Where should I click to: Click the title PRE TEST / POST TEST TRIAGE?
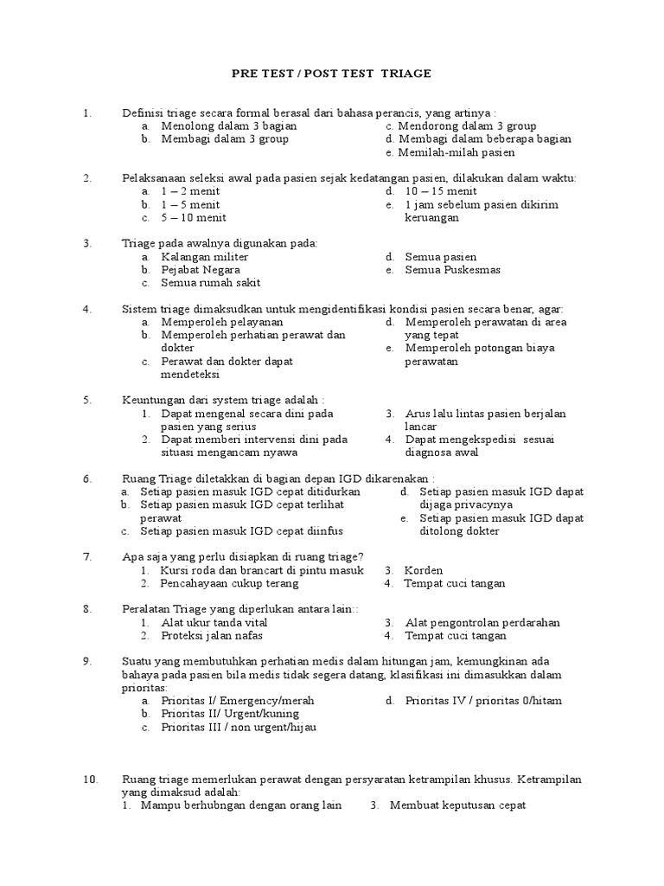331,74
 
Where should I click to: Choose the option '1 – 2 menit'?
190,191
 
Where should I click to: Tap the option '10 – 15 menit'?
441,191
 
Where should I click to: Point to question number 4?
87,309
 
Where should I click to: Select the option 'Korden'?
424,570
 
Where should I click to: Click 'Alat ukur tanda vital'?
214,622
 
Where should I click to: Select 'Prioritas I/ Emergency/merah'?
238,700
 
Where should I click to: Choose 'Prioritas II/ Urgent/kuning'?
230,714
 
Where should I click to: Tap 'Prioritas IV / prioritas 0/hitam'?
483,700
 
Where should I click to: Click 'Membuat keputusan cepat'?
458,806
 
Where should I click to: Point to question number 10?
91,780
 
